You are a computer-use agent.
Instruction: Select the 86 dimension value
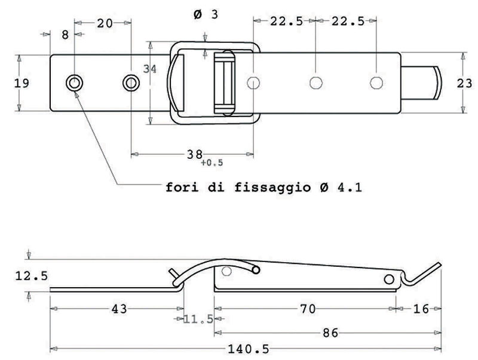click(330, 333)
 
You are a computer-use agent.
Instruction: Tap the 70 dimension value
click(308, 309)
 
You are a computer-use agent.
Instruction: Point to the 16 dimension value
click(421, 309)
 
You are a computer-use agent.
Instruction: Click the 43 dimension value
click(119, 309)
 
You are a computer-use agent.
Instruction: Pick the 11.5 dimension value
click(198, 319)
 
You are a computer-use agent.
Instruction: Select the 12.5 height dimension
click(32, 276)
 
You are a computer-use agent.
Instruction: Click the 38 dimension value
click(195, 155)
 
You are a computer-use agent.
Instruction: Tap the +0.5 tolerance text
click(212, 163)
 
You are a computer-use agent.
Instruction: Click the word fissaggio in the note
click(273, 187)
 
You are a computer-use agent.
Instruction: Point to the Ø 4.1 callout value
click(341, 187)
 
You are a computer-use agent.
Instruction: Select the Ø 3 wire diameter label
click(206, 14)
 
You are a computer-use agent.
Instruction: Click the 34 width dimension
click(150, 69)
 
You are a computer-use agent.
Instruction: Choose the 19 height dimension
click(22, 83)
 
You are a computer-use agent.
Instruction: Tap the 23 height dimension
click(464, 83)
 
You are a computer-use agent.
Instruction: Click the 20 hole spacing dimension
click(105, 23)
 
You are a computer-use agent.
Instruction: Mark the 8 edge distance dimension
click(65, 35)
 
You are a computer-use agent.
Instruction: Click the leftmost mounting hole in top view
click(75, 82)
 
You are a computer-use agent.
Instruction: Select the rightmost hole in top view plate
click(376, 82)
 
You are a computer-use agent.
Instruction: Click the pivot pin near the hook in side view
click(389, 279)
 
